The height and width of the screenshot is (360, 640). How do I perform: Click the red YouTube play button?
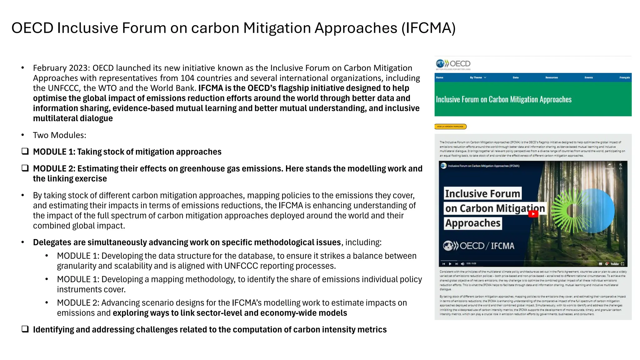[533, 214]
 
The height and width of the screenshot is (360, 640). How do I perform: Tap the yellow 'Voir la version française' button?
[450, 127]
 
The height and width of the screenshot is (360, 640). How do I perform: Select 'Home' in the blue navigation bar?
[439, 77]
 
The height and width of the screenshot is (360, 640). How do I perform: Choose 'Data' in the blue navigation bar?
[516, 77]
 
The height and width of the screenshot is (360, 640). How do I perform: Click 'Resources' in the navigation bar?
[552, 77]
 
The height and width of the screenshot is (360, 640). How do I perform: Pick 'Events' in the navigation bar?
[589, 77]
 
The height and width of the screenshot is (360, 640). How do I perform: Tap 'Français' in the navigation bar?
[625, 77]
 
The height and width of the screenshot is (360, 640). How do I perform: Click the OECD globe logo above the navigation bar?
[441, 64]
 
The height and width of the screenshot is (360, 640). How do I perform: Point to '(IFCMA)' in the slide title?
[429, 28]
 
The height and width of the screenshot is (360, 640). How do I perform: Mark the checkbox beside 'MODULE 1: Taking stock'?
[25, 152]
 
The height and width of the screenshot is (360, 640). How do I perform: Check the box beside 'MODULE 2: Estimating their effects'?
[25, 168]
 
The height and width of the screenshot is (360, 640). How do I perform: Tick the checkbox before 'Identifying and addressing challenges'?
[25, 329]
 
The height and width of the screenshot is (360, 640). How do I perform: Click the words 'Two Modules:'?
[59, 135]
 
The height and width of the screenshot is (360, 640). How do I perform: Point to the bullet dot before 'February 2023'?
[22, 68]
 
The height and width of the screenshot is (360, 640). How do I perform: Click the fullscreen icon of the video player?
[622, 264]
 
